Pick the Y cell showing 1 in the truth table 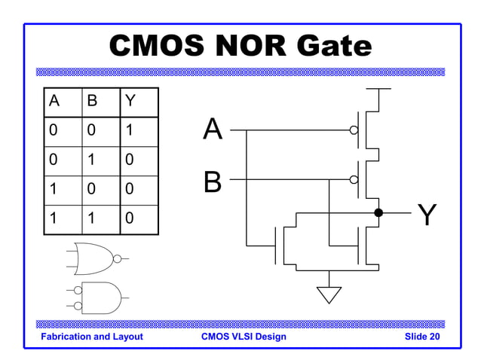130,131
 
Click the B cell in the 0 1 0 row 90,160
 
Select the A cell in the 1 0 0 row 54,190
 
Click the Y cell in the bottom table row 130,219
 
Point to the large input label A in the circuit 213,130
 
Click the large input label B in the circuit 213,182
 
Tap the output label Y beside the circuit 427,215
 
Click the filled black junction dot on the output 378,213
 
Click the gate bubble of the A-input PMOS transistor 354,130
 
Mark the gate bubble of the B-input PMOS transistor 354,180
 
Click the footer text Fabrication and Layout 92,337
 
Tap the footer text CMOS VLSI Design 244,337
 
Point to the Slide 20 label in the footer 421,337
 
